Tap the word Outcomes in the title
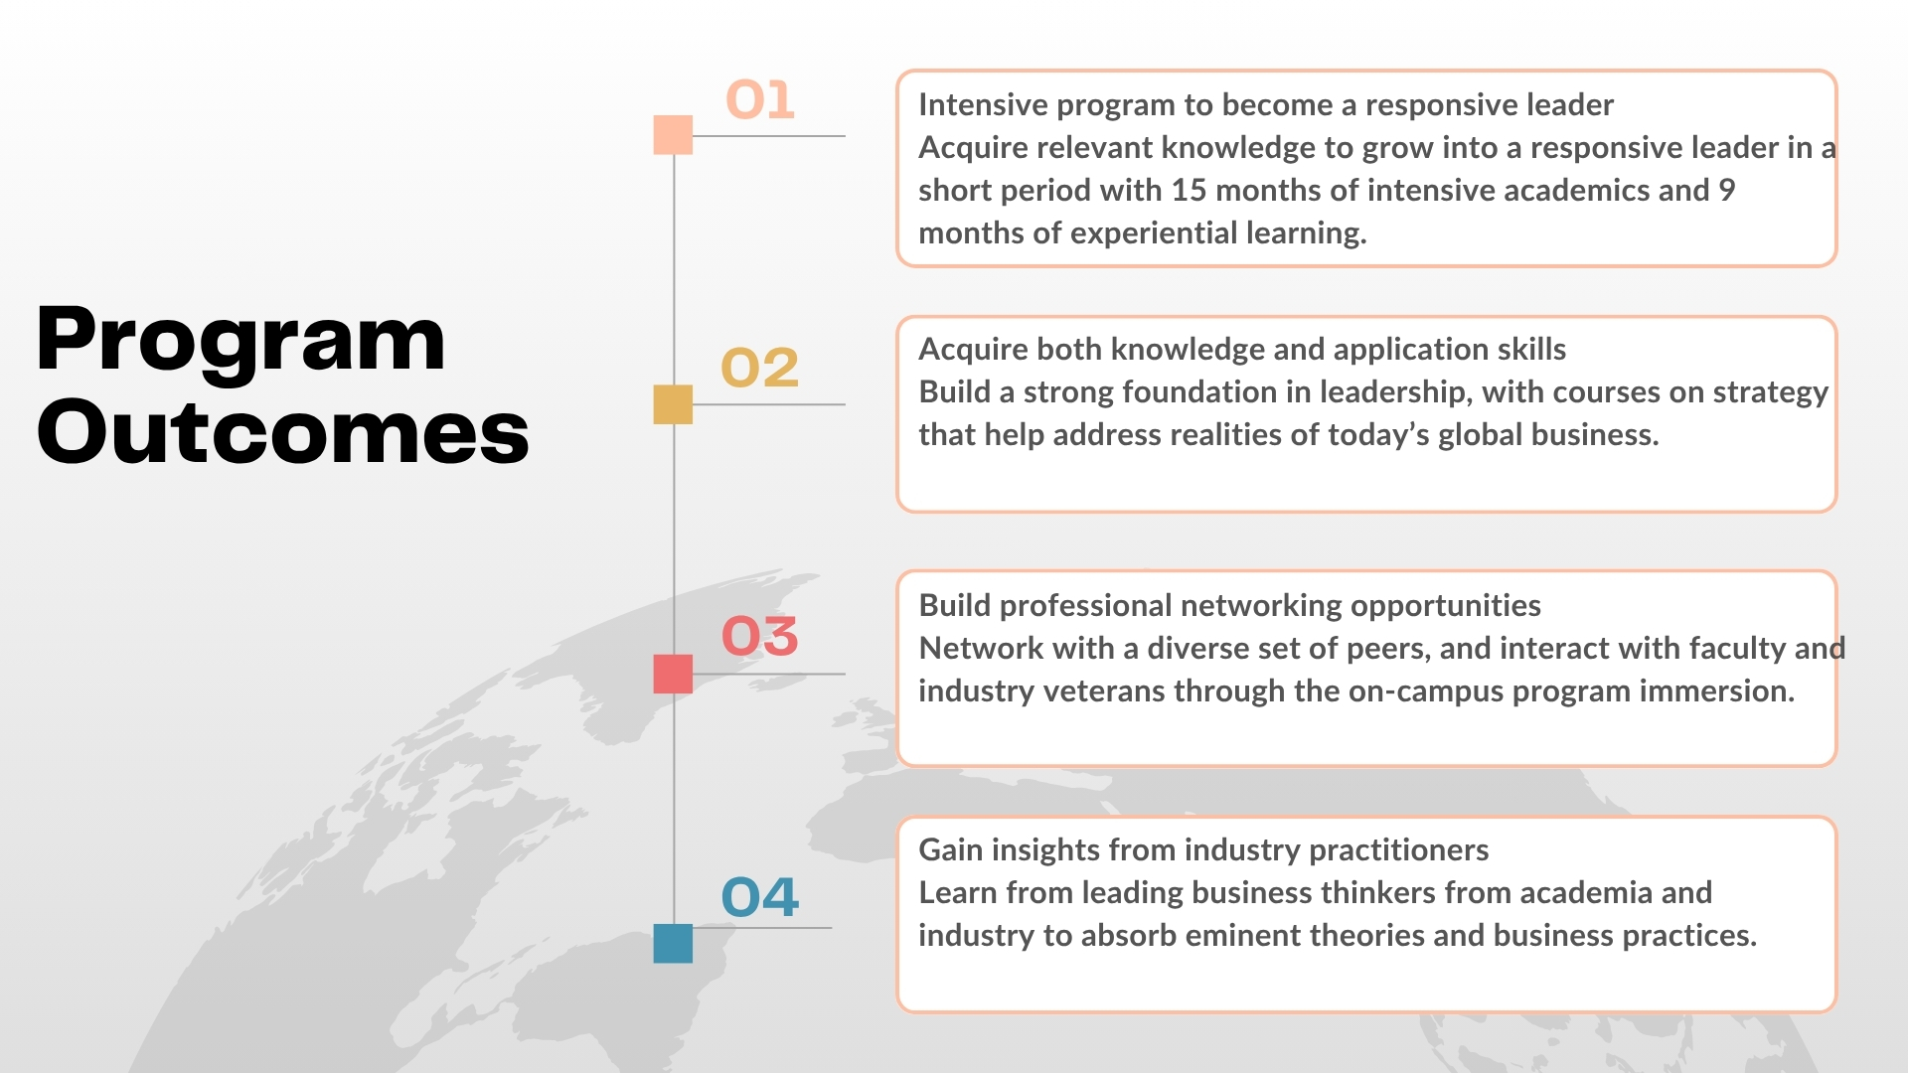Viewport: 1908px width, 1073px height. pyautogui.click(x=282, y=431)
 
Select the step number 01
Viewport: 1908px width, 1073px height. pyautogui.click(x=760, y=99)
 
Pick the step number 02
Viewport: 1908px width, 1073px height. pyautogui.click(x=759, y=368)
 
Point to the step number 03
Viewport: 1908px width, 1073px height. pyautogui.click(x=759, y=636)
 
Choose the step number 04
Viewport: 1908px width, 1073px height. pyautogui.click(x=759, y=897)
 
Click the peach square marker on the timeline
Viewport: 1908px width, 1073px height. pyautogui.click(x=673, y=135)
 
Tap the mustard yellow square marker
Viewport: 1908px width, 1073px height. pyautogui.click(x=673, y=404)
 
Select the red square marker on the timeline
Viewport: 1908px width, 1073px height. pyautogui.click(x=673, y=674)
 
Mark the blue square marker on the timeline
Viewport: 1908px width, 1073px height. pyautogui.click(x=673, y=943)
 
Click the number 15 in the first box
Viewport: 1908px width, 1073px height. pyautogui.click(x=1189, y=190)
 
